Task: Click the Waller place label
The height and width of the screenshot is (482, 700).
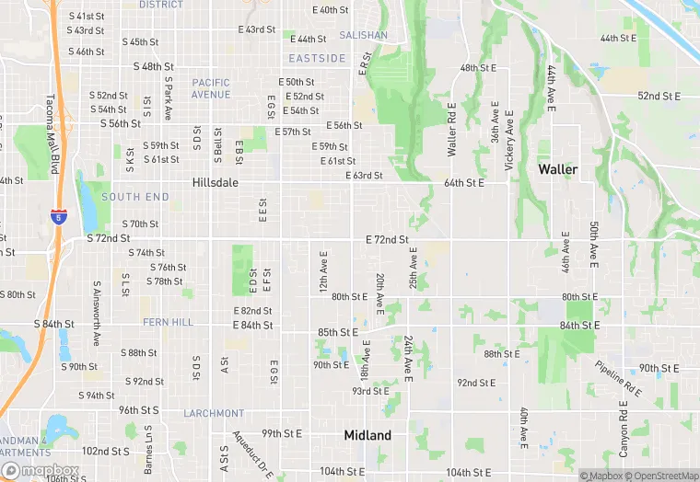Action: point(557,169)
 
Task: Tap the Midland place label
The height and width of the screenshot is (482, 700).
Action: point(367,435)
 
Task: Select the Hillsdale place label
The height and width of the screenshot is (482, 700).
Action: point(216,183)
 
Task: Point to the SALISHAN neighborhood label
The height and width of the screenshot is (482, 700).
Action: point(363,36)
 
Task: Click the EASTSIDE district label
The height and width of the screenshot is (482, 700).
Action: point(317,58)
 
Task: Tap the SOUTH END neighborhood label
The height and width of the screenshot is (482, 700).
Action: point(135,197)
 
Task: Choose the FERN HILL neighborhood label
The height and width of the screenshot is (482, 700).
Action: point(169,323)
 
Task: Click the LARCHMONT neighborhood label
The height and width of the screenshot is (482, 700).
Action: point(214,414)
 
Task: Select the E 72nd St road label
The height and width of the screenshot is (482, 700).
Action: point(387,239)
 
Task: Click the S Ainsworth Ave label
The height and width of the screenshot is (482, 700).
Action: point(96,313)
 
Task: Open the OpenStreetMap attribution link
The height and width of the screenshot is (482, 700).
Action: point(662,476)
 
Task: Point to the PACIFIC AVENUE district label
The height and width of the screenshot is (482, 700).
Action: point(211,88)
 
